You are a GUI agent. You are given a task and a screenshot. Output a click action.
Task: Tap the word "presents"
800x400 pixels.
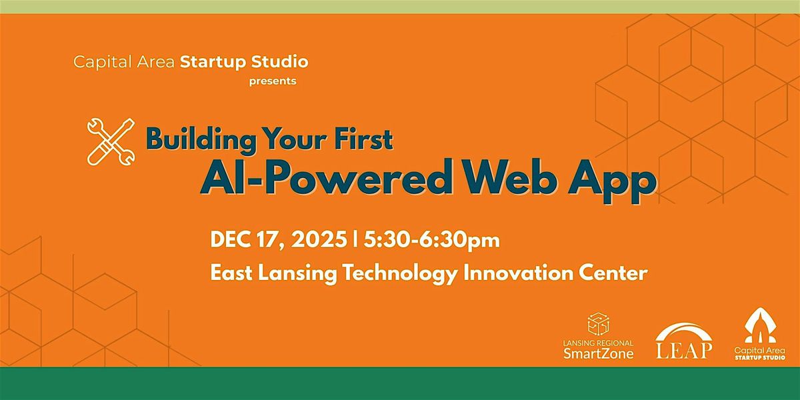273,82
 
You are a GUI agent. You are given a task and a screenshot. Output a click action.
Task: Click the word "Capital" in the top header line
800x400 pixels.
97,63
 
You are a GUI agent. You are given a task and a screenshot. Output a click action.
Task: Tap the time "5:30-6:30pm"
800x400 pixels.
431,240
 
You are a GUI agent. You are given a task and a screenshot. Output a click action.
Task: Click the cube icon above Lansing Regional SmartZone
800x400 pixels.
598,325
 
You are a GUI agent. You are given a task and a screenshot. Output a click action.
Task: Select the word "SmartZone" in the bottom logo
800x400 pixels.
598,353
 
